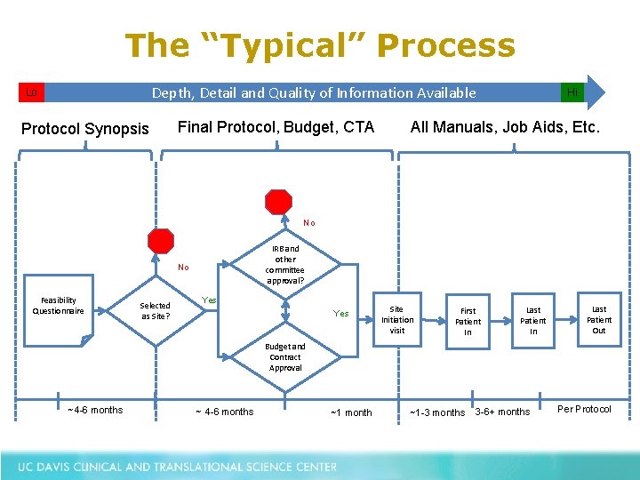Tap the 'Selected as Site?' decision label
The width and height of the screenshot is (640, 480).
pos(156,310)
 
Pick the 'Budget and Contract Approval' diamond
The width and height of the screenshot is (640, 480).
pos(285,356)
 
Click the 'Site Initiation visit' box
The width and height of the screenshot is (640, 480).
pos(397,319)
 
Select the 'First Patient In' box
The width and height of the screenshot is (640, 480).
pos(468,321)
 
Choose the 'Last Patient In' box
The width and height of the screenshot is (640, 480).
pos(533,320)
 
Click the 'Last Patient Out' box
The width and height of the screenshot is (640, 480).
pos(599,319)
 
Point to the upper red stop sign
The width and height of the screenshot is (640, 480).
pos(279,202)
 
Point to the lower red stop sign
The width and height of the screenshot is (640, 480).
pos(161,241)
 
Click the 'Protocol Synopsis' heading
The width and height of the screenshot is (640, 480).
pos(85,129)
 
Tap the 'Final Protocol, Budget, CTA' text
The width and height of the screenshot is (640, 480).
pos(276,127)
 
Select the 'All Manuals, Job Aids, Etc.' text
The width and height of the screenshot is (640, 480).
pos(505,127)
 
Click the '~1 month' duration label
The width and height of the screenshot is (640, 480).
pos(351,412)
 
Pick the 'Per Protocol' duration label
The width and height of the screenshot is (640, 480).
pos(584,409)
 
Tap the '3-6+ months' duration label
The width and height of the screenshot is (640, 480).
pos(502,412)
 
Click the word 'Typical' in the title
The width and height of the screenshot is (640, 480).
pos(287,45)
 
